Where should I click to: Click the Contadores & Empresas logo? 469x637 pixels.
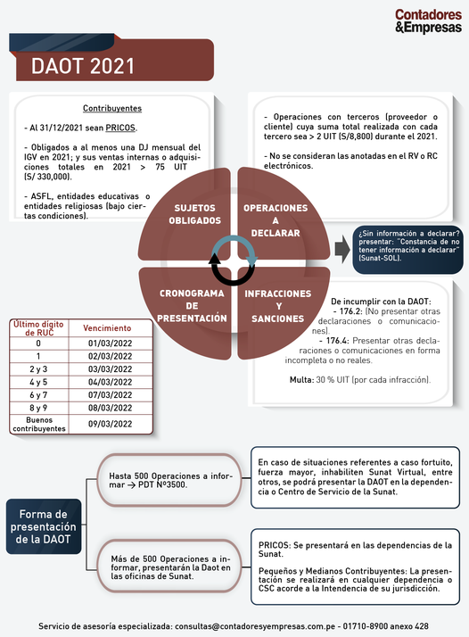pos(428,21)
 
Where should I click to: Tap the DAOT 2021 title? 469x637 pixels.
pos(83,66)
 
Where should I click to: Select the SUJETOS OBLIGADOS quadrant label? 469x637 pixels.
pos(195,214)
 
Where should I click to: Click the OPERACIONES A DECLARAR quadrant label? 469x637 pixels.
pos(276,220)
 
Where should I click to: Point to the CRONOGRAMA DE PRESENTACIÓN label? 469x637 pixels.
pos(192,305)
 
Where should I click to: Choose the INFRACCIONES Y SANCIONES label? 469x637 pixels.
pos(278,306)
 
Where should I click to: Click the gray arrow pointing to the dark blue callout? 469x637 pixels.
pos(342,250)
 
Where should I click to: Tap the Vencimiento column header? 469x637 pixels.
pos(107,328)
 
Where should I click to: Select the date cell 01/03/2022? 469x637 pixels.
pos(110,343)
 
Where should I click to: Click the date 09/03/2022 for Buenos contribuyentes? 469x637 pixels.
pos(110,424)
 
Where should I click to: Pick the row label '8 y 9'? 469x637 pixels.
pos(38,408)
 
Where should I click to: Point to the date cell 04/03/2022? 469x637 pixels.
pos(110,382)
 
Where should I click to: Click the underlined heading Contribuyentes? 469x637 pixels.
pos(112,109)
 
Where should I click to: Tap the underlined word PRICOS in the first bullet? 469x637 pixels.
pos(120,128)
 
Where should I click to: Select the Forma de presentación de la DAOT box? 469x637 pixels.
pos(44,526)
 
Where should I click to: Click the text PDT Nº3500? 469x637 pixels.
pos(162,484)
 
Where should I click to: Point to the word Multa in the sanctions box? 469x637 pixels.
pos(301,380)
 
